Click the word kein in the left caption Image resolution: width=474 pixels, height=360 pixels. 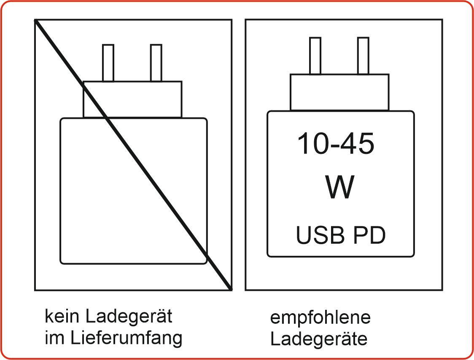point(62,316)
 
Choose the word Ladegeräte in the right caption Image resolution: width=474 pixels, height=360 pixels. point(319,339)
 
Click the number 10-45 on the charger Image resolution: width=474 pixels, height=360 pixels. point(336,143)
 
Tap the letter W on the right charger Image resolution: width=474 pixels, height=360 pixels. point(340,187)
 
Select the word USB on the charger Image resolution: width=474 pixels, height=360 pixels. point(320,235)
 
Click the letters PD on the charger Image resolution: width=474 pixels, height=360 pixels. point(369,235)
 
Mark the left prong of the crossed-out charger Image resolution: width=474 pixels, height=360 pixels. point(108,63)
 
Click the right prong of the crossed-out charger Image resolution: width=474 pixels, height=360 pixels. point(156,63)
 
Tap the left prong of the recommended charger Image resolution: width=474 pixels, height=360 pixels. point(315,56)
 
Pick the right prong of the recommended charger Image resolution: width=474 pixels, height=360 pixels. point(363,56)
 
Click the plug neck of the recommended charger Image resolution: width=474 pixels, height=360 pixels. point(339,92)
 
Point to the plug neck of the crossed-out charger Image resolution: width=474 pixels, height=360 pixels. point(132,99)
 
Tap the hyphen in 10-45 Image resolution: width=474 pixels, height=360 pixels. point(335,146)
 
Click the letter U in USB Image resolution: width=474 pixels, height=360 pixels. point(304,235)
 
